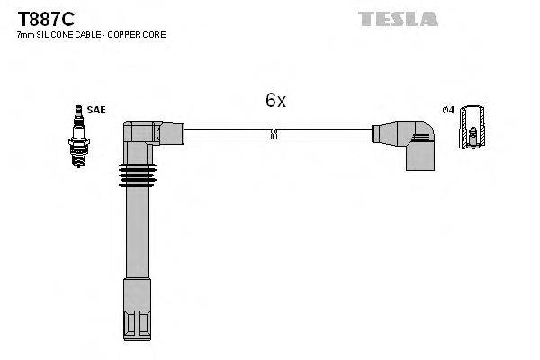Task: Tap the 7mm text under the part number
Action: (x=25, y=34)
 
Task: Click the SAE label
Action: (x=97, y=110)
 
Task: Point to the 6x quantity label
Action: (x=275, y=101)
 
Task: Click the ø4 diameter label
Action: (x=446, y=110)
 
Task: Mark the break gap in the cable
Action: (x=274, y=135)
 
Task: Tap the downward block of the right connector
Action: (x=419, y=157)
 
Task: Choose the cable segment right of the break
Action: (x=324, y=135)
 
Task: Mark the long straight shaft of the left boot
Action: (x=135, y=243)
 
